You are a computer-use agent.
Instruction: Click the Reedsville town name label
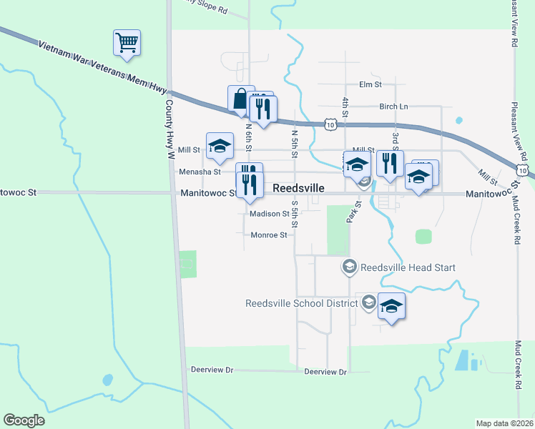(x=299, y=187)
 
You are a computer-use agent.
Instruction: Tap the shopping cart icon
(x=127, y=43)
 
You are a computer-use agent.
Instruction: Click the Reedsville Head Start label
(x=408, y=267)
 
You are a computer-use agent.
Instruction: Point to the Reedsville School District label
(x=301, y=303)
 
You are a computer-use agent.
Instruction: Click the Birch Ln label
(x=393, y=107)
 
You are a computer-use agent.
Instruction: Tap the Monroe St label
(x=269, y=235)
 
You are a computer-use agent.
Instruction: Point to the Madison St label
(x=270, y=213)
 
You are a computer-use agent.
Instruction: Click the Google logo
(x=24, y=420)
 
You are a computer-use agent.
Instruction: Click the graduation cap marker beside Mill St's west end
(x=220, y=146)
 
